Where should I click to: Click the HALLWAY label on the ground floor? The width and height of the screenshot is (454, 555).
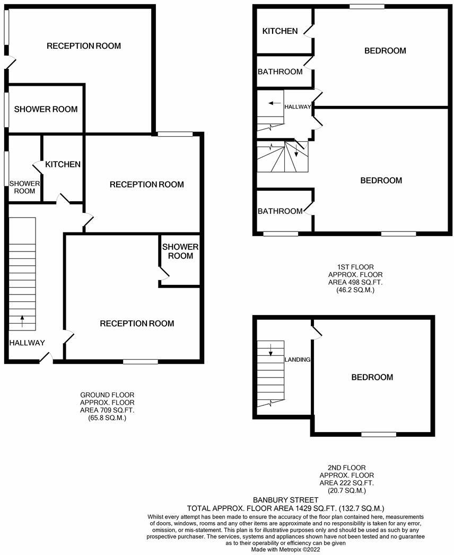(x=27, y=343)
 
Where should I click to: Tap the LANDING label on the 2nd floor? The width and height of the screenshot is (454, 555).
(x=298, y=360)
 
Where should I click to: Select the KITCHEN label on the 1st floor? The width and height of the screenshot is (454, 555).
(x=280, y=31)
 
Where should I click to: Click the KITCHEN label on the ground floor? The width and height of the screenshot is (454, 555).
(x=63, y=165)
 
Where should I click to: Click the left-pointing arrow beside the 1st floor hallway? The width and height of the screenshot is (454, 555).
(x=274, y=103)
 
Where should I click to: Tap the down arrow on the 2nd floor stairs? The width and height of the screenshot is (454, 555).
(x=270, y=350)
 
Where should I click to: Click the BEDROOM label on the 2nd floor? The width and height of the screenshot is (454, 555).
(x=372, y=378)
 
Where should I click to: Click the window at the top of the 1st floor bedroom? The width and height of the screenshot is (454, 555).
(x=366, y=6)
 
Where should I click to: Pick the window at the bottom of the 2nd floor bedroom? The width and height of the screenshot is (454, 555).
(x=379, y=435)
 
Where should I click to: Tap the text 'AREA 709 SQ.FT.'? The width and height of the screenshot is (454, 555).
(x=107, y=410)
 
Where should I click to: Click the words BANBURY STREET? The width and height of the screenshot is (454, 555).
(x=285, y=499)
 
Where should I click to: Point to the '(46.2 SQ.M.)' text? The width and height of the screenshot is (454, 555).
(x=355, y=290)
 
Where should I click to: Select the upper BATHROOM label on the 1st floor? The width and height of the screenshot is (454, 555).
(x=280, y=71)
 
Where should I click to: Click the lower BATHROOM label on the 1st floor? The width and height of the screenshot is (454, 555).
(x=280, y=211)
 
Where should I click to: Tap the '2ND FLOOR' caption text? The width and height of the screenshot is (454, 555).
(x=347, y=468)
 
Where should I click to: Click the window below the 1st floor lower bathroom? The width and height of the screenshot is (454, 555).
(x=281, y=234)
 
